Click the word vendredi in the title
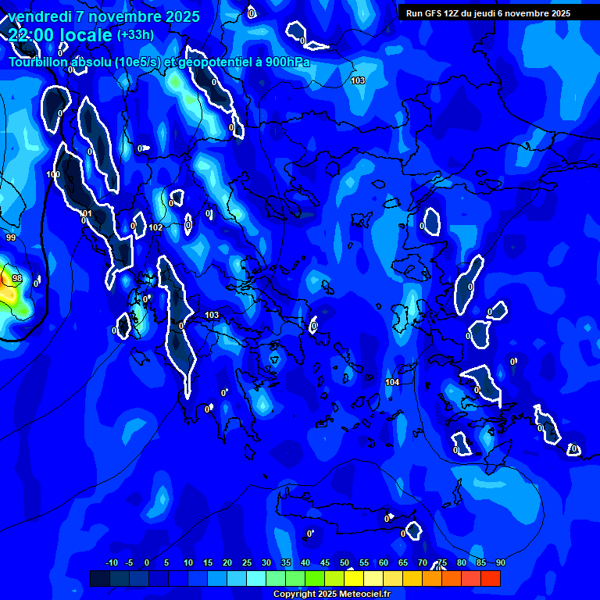tap(39, 16)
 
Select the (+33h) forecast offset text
tap(135, 34)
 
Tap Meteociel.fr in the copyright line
tap(363, 595)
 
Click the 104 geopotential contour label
tap(392, 382)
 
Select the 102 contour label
tap(156, 227)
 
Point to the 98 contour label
tap(17, 279)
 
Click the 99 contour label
tap(10, 237)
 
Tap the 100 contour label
tap(53, 174)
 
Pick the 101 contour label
tap(86, 213)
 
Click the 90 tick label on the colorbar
tap(500, 563)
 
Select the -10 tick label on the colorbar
tap(112, 563)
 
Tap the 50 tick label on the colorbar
tap(345, 563)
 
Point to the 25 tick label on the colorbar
tap(247, 563)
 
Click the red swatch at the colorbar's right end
tap(490, 578)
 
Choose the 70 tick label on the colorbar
tap(423, 563)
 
